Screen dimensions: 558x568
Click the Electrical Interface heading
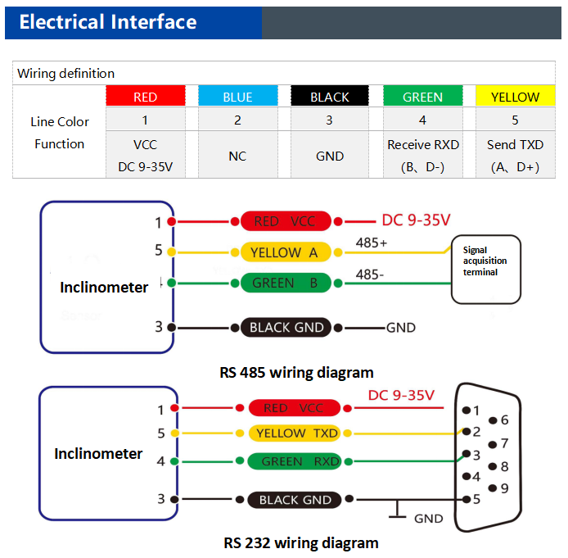(108, 22)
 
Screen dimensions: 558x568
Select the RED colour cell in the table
(145, 97)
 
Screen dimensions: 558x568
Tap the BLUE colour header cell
(237, 97)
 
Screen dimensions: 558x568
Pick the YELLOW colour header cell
(515, 97)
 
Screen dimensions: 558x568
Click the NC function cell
(237, 156)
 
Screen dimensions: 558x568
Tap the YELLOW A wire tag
(284, 252)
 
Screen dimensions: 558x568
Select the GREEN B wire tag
(284, 284)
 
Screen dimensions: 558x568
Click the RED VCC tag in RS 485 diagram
(284, 221)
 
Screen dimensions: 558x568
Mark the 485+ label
(372, 243)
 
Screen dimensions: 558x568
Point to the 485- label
(370, 274)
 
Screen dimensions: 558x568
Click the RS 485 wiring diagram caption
(296, 372)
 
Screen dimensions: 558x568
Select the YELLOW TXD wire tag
(292, 433)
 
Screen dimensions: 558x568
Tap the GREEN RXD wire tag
(295, 461)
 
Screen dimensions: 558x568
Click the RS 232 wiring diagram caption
(300, 542)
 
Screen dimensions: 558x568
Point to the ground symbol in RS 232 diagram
(398, 514)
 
